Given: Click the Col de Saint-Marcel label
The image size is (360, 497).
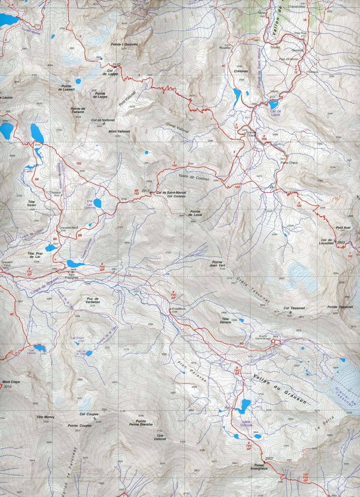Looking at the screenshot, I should (171, 192).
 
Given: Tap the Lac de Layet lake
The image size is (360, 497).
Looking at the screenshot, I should (273, 104).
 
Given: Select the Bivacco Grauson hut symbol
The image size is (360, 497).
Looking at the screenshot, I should (274, 340).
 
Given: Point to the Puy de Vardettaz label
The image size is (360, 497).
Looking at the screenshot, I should (92, 301).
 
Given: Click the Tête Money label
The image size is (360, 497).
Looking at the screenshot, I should (45, 417).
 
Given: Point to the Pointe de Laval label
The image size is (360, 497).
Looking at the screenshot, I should (194, 213).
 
